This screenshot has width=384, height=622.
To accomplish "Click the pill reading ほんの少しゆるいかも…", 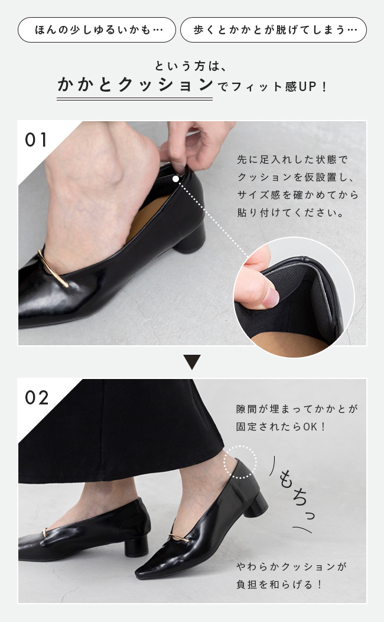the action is tap(97, 30).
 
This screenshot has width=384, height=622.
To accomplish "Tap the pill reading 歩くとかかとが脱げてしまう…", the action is tap(274, 30).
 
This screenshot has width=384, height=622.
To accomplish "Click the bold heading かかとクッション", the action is tap(135, 85).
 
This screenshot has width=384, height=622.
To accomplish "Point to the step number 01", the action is tap(36, 140).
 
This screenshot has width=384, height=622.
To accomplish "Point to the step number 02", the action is tap(37, 397).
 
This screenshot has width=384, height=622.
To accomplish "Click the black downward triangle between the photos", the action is tap(192, 362).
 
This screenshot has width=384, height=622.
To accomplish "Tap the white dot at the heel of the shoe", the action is tap(175, 179).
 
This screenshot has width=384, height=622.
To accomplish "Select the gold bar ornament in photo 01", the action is tap(53, 268).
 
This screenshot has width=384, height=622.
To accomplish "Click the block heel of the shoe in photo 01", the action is tap(190, 238).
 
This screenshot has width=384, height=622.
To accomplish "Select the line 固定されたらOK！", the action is tap(281, 427).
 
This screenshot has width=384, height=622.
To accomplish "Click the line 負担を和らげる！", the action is tap(280, 584).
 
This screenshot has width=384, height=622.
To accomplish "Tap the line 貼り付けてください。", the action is tap(291, 213).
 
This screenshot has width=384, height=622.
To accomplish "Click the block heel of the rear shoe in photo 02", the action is tap(136, 546).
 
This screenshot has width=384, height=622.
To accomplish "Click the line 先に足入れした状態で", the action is tap(292, 160).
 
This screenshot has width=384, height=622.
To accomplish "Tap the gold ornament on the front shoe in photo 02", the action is tap(179, 537).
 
